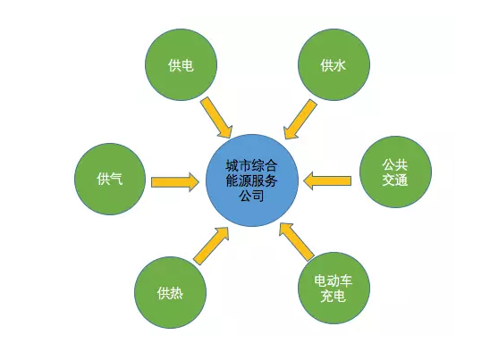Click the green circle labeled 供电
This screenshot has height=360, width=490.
(181, 64)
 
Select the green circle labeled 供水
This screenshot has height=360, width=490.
(334, 64)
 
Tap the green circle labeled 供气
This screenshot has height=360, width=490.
(110, 179)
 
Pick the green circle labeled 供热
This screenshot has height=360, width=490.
(170, 293)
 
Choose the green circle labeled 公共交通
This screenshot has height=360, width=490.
(395, 172)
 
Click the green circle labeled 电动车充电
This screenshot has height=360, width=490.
(334, 288)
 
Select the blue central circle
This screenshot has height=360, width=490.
(252, 180)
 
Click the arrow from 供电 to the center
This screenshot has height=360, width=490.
(216, 117)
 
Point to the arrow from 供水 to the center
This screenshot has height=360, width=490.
(300, 120)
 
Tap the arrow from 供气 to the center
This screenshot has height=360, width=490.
(174, 182)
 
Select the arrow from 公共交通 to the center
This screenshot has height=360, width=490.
(327, 180)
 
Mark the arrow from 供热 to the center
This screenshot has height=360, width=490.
(211, 246)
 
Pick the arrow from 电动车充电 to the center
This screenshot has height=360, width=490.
(297, 242)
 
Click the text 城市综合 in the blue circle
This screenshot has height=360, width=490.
(251, 165)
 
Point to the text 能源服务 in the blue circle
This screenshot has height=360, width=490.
(251, 180)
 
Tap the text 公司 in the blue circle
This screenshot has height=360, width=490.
(251, 197)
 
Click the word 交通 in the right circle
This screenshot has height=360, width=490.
(395, 180)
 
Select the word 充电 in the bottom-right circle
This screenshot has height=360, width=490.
(334, 296)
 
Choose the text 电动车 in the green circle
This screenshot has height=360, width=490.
(334, 280)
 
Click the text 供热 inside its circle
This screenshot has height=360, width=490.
(170, 293)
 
